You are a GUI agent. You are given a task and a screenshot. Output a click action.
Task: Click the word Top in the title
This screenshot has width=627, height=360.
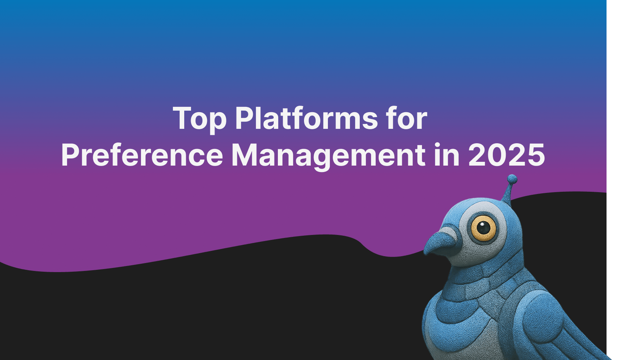click(x=199, y=119)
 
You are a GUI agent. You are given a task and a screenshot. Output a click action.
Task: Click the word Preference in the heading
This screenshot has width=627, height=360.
click(x=142, y=155)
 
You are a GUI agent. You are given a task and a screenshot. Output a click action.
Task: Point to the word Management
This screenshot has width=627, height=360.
click(x=328, y=155)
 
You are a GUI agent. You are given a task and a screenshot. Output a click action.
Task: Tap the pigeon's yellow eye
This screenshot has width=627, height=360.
click(x=483, y=228)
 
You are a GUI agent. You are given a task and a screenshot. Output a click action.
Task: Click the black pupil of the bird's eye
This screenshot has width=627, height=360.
click(x=483, y=227)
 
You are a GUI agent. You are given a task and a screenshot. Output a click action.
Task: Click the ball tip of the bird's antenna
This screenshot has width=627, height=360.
click(x=512, y=178)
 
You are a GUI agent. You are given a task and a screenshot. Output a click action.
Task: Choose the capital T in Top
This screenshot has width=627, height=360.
click(x=182, y=118)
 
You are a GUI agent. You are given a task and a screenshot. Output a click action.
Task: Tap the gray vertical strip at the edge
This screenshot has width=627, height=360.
click(x=617, y=180)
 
